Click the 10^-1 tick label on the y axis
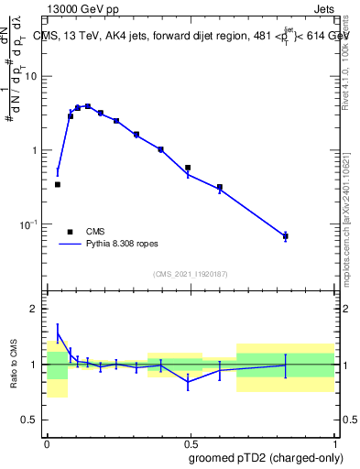[x=30, y=224]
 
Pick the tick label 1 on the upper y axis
[x=37, y=150]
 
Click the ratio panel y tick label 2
[x=37, y=309]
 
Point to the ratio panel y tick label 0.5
[x=31, y=420]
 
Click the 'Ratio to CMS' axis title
[x=14, y=365]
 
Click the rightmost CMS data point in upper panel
[x=286, y=236]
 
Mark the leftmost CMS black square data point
[x=58, y=184]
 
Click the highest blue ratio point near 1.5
[x=58, y=333]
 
